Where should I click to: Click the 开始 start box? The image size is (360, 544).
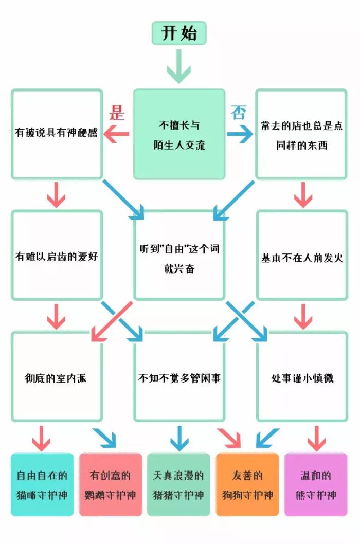tap(179, 33)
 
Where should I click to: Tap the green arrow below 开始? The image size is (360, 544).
tap(179, 67)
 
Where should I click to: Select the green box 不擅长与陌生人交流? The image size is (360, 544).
tap(179, 134)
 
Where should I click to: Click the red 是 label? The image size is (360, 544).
tap(118, 112)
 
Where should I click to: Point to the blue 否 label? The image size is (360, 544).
tap(238, 112)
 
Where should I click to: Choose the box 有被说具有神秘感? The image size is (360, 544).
tap(57, 134)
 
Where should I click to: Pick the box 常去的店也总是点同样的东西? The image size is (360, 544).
tap(301, 134)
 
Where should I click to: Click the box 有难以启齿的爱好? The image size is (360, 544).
tap(57, 255)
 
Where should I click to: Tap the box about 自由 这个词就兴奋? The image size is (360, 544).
tap(179, 255)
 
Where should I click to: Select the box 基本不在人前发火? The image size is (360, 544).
tap(301, 255)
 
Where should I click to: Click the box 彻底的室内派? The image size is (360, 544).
tap(57, 377)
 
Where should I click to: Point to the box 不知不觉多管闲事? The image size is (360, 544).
tap(179, 377)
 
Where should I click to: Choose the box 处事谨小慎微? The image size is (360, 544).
tap(301, 377)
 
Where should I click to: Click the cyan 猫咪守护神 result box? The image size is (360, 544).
tap(42, 484)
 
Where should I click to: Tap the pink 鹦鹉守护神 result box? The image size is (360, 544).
tap(111, 484)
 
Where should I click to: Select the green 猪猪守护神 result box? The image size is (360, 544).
tap(179, 484)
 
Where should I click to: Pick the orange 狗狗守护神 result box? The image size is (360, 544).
tap(247, 484)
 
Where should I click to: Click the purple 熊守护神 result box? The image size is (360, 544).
tap(316, 484)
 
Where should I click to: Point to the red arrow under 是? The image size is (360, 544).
tap(117, 135)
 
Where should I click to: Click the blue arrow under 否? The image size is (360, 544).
tap(240, 135)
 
